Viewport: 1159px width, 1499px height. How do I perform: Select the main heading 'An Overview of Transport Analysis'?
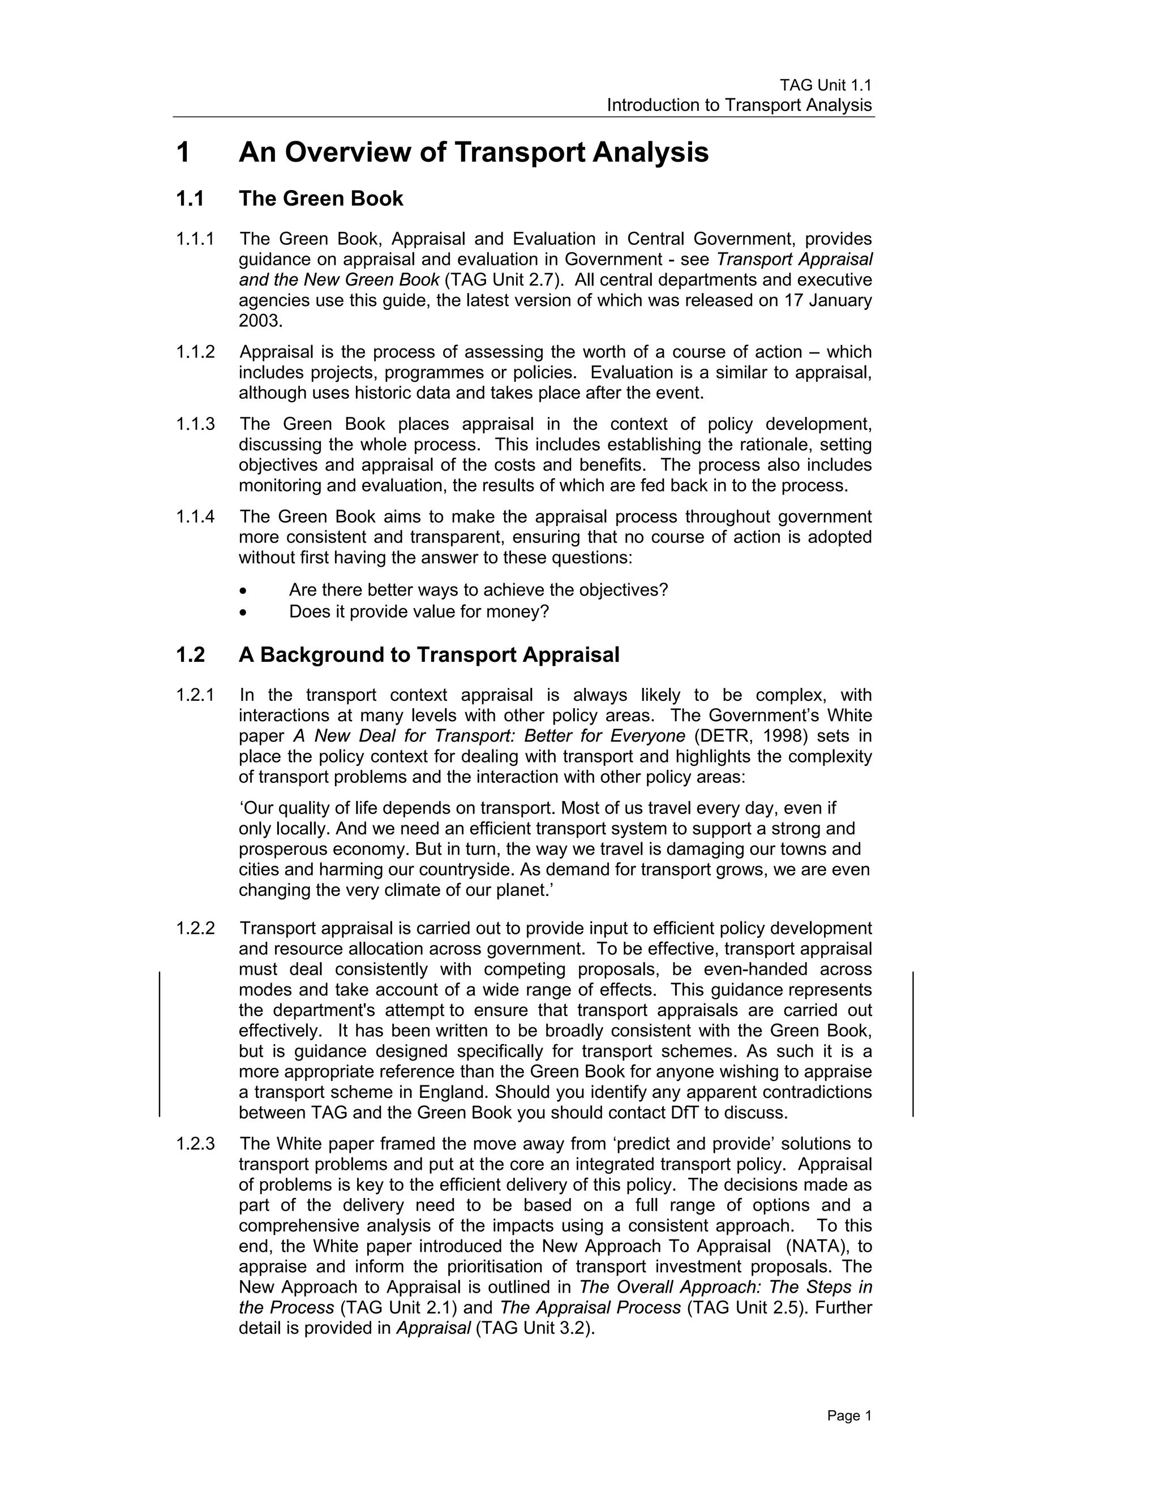(473, 152)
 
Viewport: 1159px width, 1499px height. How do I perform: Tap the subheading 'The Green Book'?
(321, 199)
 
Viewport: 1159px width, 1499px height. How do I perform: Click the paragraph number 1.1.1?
(195, 239)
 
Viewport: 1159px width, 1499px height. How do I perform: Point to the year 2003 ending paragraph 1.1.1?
(260, 321)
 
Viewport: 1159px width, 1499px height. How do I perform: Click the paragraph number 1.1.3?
(195, 424)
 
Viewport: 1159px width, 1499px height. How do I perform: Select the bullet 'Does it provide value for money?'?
(419, 611)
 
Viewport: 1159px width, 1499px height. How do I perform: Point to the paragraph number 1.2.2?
(195, 929)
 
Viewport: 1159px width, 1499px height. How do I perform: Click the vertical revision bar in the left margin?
(160, 1043)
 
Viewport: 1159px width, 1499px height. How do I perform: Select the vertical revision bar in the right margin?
(912, 1043)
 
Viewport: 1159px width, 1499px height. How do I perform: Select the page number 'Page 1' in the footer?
(849, 1415)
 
